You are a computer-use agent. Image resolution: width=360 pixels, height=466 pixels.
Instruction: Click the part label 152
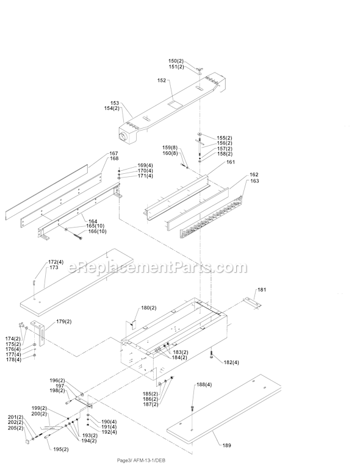coord(162,81)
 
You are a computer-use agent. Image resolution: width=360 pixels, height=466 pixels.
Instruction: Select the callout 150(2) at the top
coord(176,61)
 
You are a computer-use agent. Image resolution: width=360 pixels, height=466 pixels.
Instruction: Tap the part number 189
coord(226,445)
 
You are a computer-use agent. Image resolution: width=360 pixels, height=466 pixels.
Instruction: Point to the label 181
coord(262,290)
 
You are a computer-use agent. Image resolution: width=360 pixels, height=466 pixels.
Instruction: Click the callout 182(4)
coord(231,362)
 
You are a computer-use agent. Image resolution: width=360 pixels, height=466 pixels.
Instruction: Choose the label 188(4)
coord(204,384)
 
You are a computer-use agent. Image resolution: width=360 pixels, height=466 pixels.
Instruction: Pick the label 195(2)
coord(60,450)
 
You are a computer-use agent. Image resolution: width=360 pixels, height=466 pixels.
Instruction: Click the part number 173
coord(54,268)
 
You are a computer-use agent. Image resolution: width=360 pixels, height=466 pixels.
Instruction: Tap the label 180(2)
coord(149,308)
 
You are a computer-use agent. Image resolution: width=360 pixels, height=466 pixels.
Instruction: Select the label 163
coord(255,181)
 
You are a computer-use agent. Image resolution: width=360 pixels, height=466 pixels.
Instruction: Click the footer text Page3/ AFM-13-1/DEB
coord(141,461)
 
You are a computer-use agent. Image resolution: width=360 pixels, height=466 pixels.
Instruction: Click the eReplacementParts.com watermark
coord(157,267)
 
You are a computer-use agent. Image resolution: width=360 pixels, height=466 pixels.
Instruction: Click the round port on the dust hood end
coord(123,137)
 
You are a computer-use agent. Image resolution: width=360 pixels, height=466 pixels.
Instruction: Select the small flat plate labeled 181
coord(252,303)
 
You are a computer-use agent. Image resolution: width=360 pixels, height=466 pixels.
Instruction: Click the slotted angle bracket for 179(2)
coord(40,333)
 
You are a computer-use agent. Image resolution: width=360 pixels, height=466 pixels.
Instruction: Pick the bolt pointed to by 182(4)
coord(211,354)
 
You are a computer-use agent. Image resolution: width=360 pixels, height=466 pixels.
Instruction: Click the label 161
coord(231,162)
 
